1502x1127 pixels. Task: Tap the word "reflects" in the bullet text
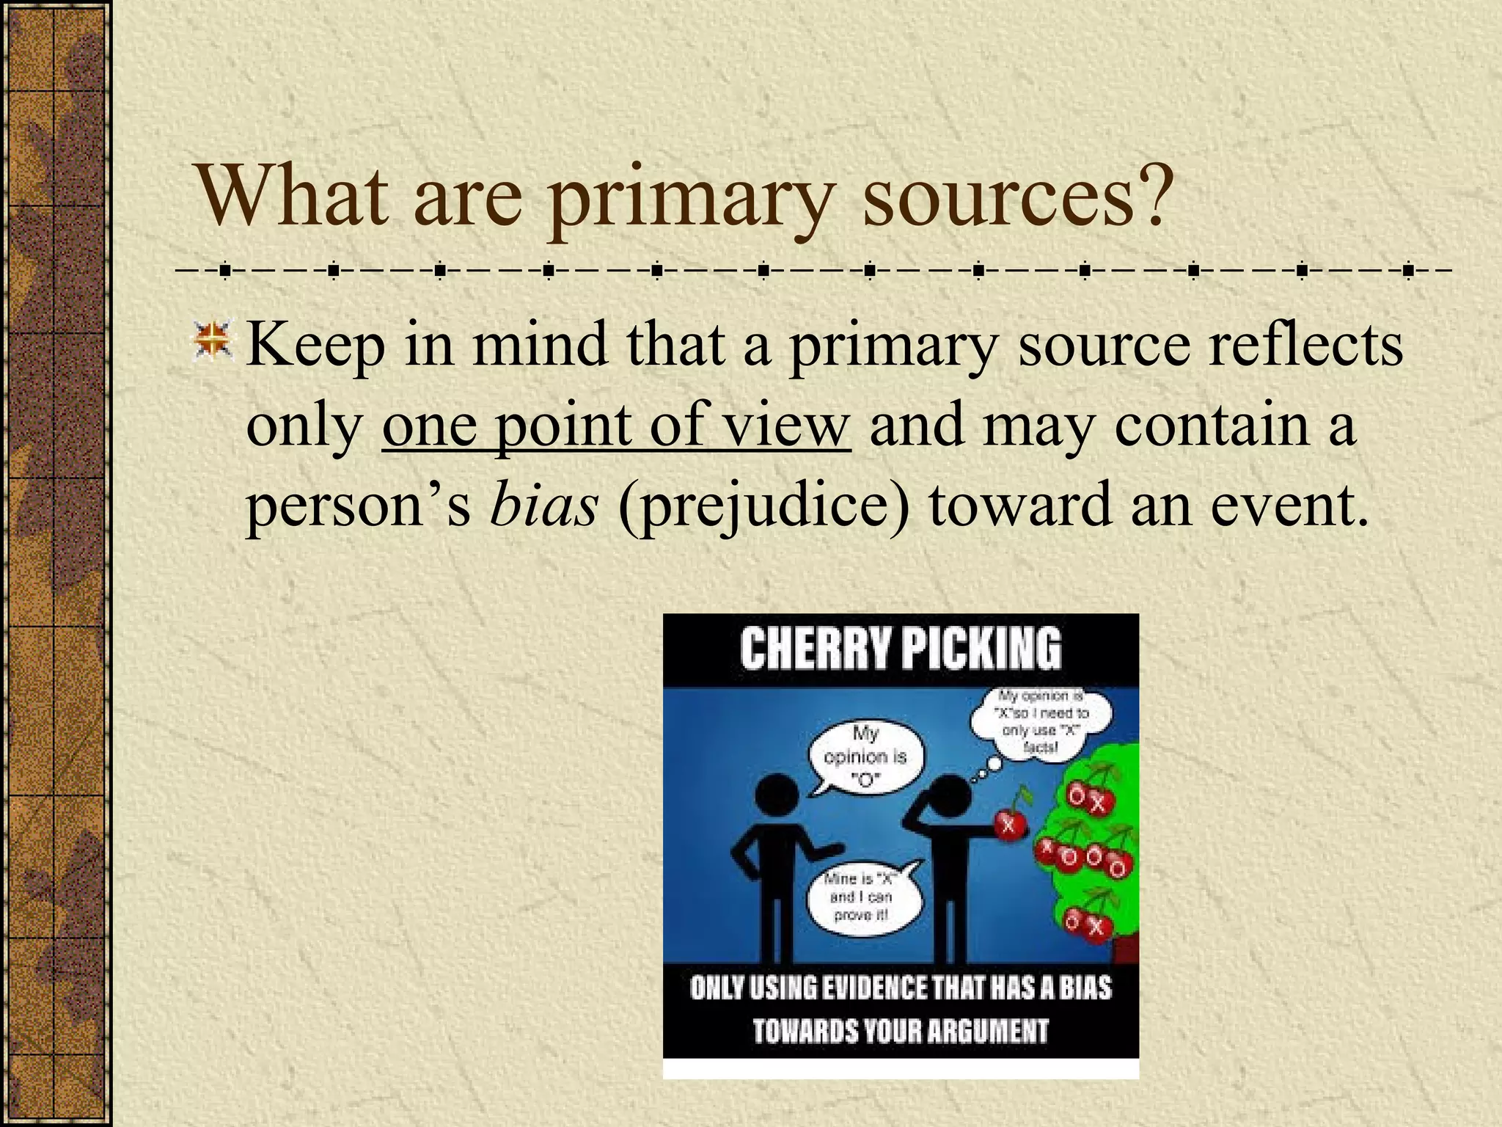coord(1305,345)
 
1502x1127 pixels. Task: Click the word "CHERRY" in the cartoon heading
coord(815,649)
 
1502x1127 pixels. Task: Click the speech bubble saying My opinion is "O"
coord(866,756)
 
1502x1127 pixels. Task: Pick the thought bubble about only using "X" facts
coord(1041,723)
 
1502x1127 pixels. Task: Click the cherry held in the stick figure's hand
coord(1009,825)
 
